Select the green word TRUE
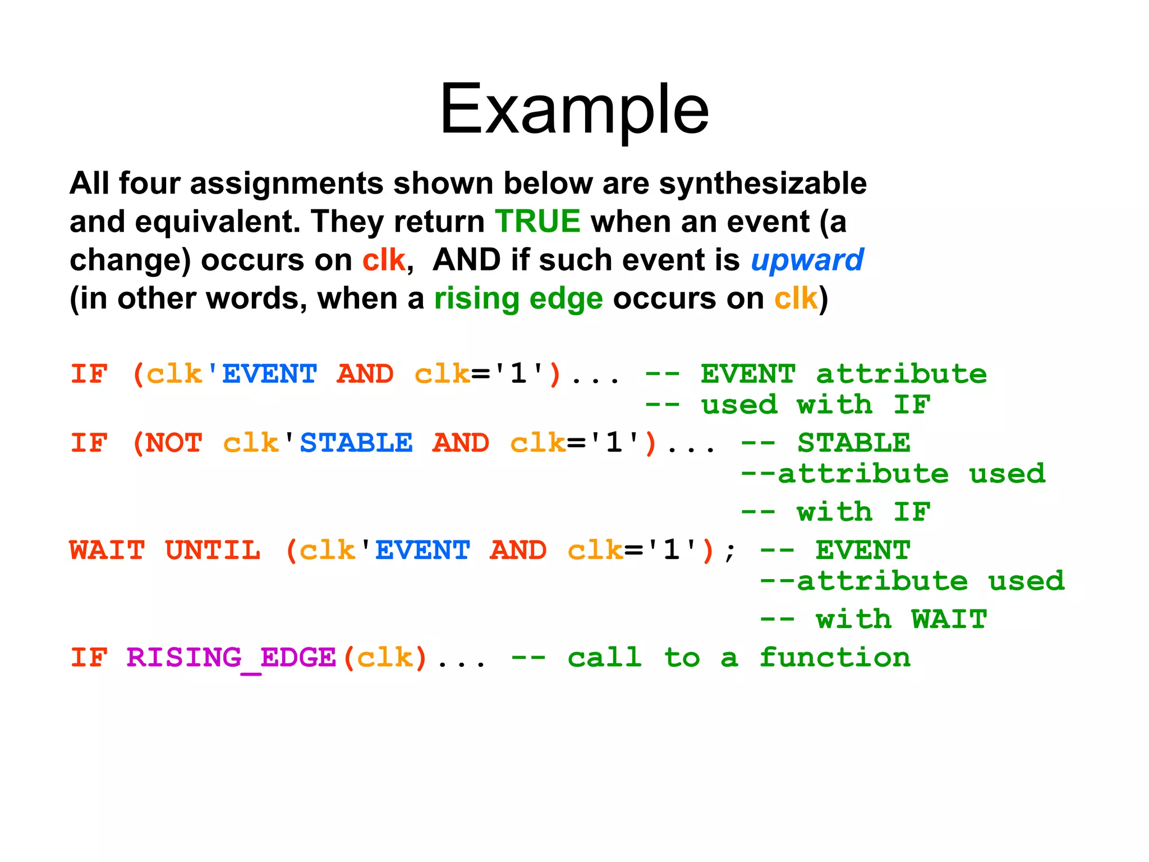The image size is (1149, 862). [x=537, y=221]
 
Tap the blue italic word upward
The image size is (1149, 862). [x=807, y=260]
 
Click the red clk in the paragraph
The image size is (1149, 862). [x=383, y=260]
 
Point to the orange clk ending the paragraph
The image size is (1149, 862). [x=795, y=298]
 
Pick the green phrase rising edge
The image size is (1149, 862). [x=518, y=298]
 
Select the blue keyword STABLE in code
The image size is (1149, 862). [x=356, y=443]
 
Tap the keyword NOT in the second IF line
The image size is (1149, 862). [x=173, y=443]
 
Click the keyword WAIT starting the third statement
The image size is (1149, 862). [x=107, y=550]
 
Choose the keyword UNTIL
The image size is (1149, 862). [x=213, y=550]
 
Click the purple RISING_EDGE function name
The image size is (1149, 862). [x=231, y=657]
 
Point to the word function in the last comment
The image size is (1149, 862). [x=835, y=657]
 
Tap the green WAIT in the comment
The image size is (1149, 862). [x=949, y=619]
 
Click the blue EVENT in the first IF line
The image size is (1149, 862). [x=269, y=374]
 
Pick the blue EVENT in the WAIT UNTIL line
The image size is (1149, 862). [x=422, y=550]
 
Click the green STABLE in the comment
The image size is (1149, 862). [x=853, y=443]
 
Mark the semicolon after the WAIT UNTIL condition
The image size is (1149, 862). [x=729, y=551]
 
